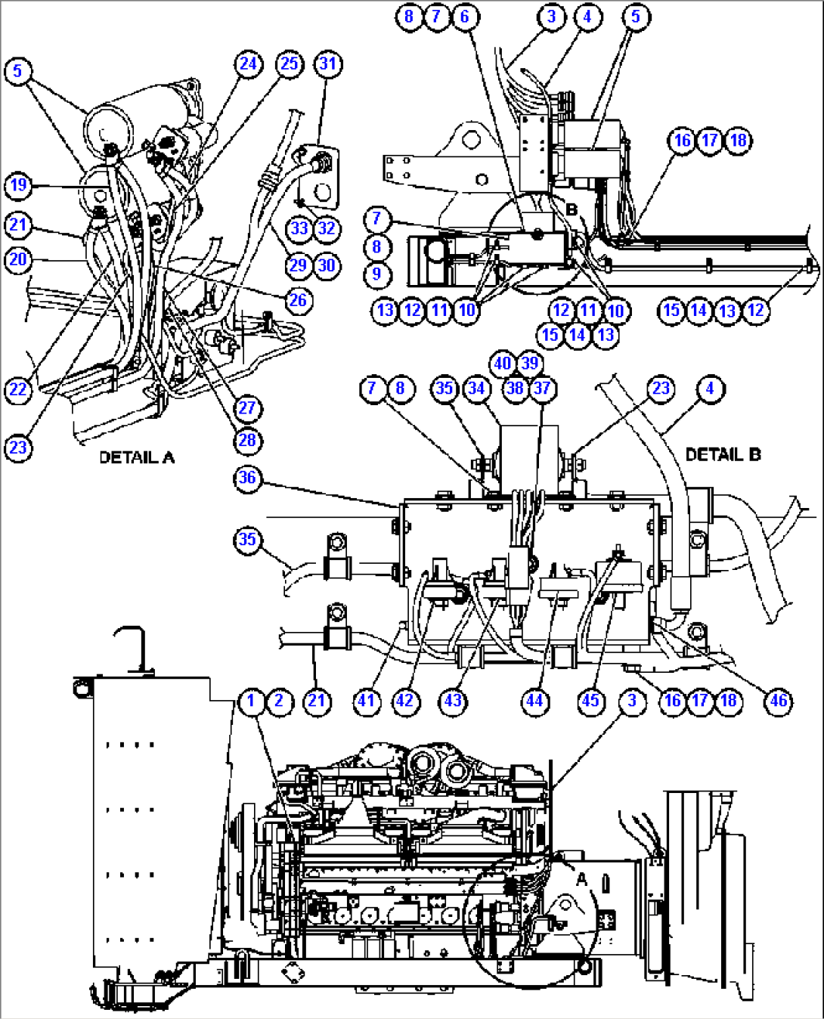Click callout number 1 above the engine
pos(251,701)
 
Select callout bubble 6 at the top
pos(464,17)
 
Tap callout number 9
pos(377,274)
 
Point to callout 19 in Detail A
pos(18,185)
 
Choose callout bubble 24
pos(248,63)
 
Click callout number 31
pos(327,63)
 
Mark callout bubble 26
pos(298,300)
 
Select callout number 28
pos(247,440)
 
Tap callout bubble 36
pos(247,478)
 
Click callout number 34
pos(476,389)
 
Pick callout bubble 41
pos(367,701)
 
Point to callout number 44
pos(534,701)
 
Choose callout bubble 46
pos(779,701)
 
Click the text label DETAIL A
pos(137,457)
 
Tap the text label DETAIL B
pos(723,454)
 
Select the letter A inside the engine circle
pos(581,879)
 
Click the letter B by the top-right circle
pos(572,209)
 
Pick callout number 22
pos(18,389)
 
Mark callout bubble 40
pos(503,364)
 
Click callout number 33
pos(299,228)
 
